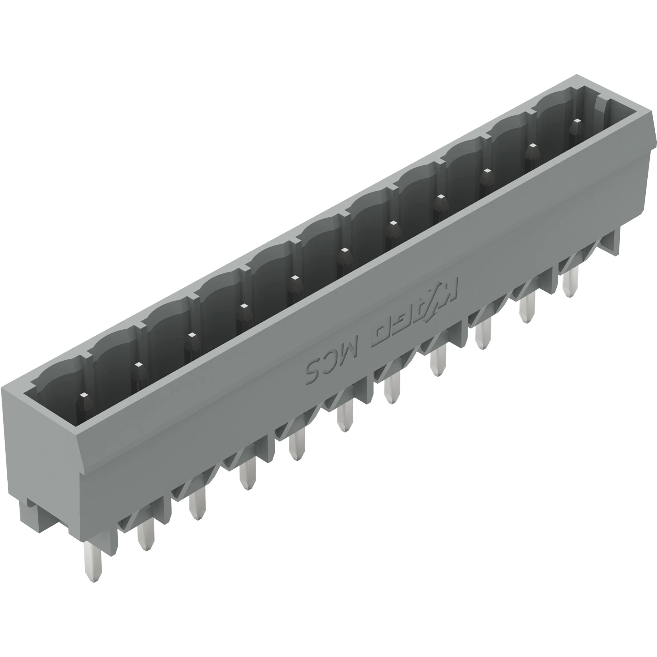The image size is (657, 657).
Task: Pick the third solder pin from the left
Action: point(197,503)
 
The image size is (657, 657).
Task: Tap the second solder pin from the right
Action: point(526,307)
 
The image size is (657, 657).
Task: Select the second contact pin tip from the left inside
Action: point(137,365)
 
